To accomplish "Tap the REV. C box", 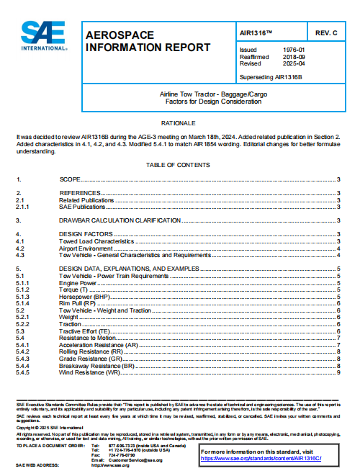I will point(325,33).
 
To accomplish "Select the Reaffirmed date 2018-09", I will point(294,56).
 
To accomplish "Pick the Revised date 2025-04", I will point(294,63).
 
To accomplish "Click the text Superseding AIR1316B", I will point(271,76).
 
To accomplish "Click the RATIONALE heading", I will point(179,123).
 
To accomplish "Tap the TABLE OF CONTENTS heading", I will point(179,165).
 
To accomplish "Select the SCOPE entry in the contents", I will point(70,179).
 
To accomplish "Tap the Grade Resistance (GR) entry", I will point(89,358).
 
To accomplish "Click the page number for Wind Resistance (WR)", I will point(338,372).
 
